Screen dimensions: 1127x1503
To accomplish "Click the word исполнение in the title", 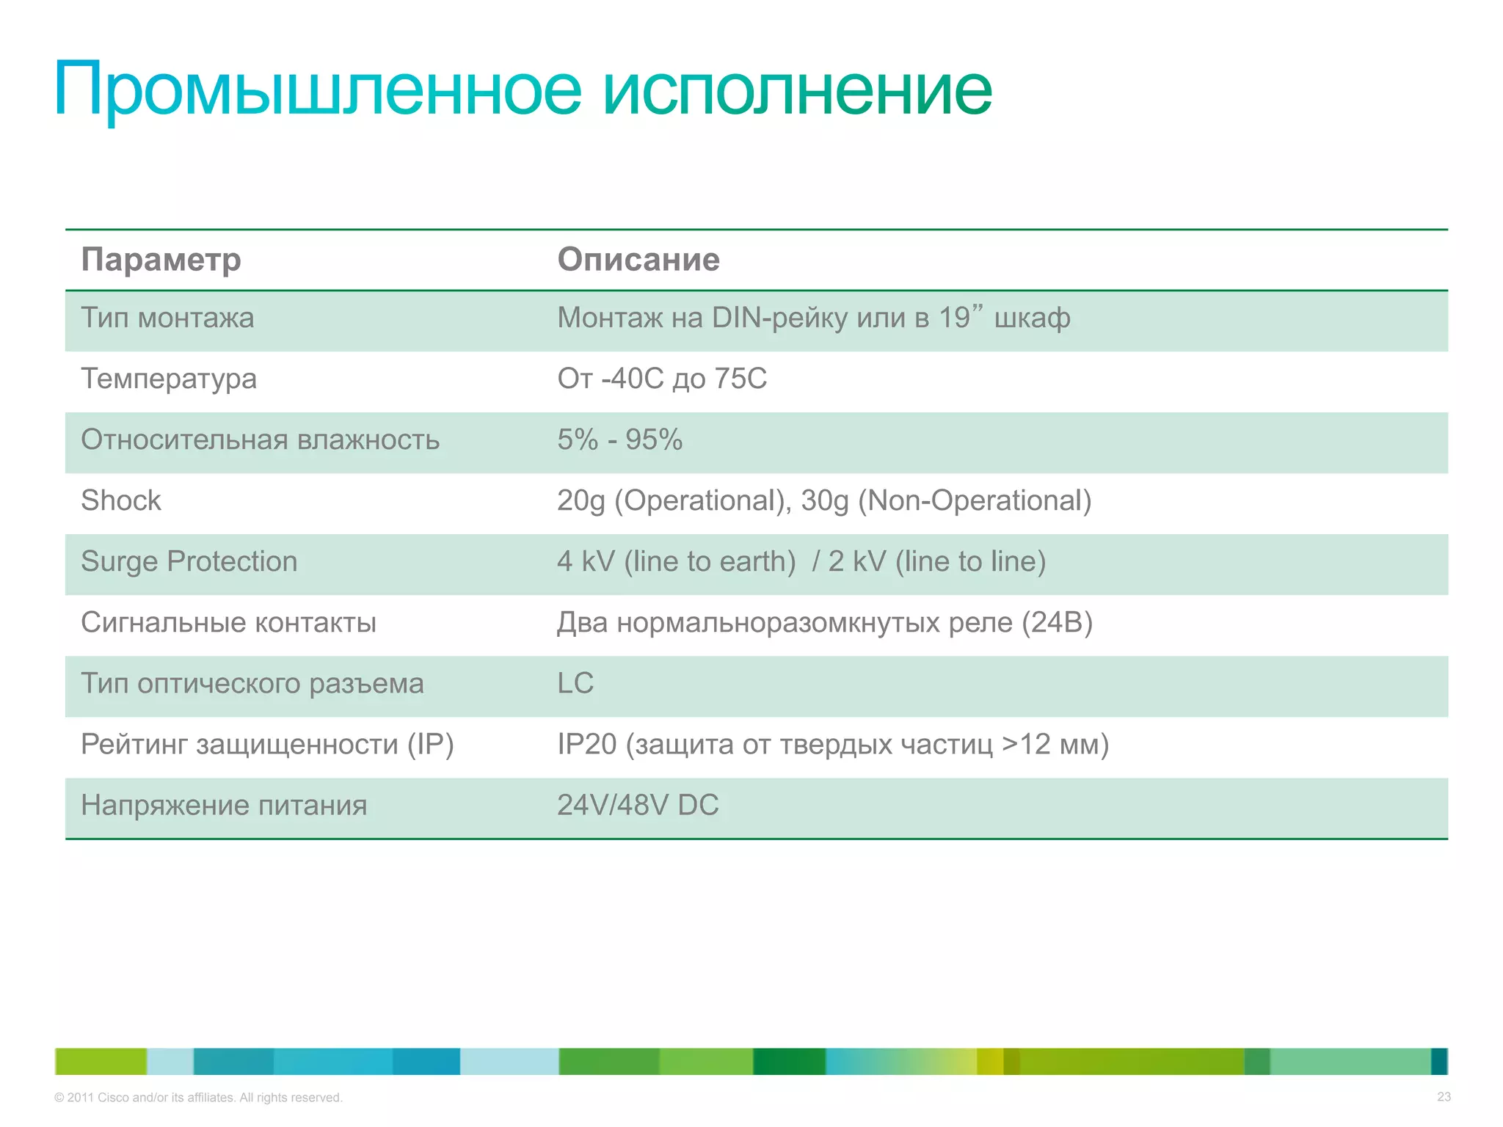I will (x=798, y=90).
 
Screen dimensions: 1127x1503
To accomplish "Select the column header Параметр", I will (x=161, y=260).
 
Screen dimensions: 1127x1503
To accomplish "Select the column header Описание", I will (x=638, y=260).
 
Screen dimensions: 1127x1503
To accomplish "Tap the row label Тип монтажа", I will (x=167, y=318).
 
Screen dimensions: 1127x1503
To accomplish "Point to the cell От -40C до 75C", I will (x=662, y=379).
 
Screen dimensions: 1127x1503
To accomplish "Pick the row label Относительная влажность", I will (x=260, y=440).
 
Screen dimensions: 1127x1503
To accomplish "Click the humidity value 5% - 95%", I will (x=619, y=440).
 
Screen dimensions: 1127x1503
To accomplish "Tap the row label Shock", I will (x=121, y=500).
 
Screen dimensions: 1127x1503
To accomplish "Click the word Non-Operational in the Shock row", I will (x=974, y=500).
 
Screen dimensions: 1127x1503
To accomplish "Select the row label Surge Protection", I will (x=189, y=561).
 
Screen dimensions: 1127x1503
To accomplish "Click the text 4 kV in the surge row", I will (x=585, y=561).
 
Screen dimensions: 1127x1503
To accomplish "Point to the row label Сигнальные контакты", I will (x=228, y=622).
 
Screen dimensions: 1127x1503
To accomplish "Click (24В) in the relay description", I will (x=1057, y=622).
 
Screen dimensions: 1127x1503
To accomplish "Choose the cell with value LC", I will (x=575, y=683).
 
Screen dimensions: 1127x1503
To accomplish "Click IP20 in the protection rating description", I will (x=586, y=744).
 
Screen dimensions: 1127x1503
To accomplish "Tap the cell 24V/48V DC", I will (x=638, y=805).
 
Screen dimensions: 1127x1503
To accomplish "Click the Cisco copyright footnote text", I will (x=198, y=1098).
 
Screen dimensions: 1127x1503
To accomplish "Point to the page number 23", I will (x=1444, y=1097).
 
